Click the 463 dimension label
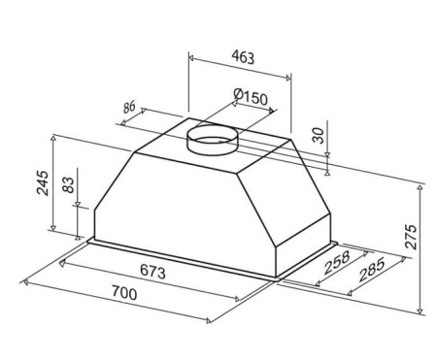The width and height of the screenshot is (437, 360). coord(243,57)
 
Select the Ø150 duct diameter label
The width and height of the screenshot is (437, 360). coord(251,97)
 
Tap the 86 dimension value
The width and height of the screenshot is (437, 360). coord(129,107)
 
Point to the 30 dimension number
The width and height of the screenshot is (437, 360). coord(319,136)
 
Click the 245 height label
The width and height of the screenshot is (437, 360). coord(43,182)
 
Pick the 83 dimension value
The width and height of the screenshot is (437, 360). coord(68,184)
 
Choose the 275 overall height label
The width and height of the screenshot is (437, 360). coord(411,237)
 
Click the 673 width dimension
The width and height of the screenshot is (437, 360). coord(152,271)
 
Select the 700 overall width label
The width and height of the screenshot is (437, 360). coord(124,293)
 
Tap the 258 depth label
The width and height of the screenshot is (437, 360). coord(337,262)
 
